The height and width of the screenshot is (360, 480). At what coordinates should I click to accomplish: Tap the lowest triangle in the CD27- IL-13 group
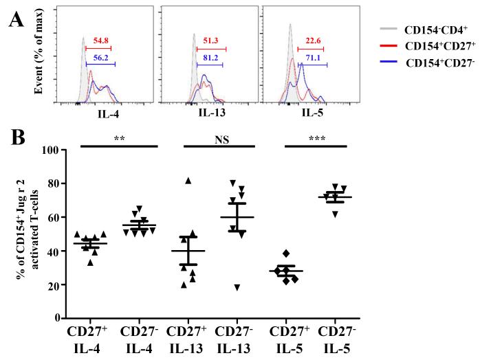(x=237, y=287)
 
